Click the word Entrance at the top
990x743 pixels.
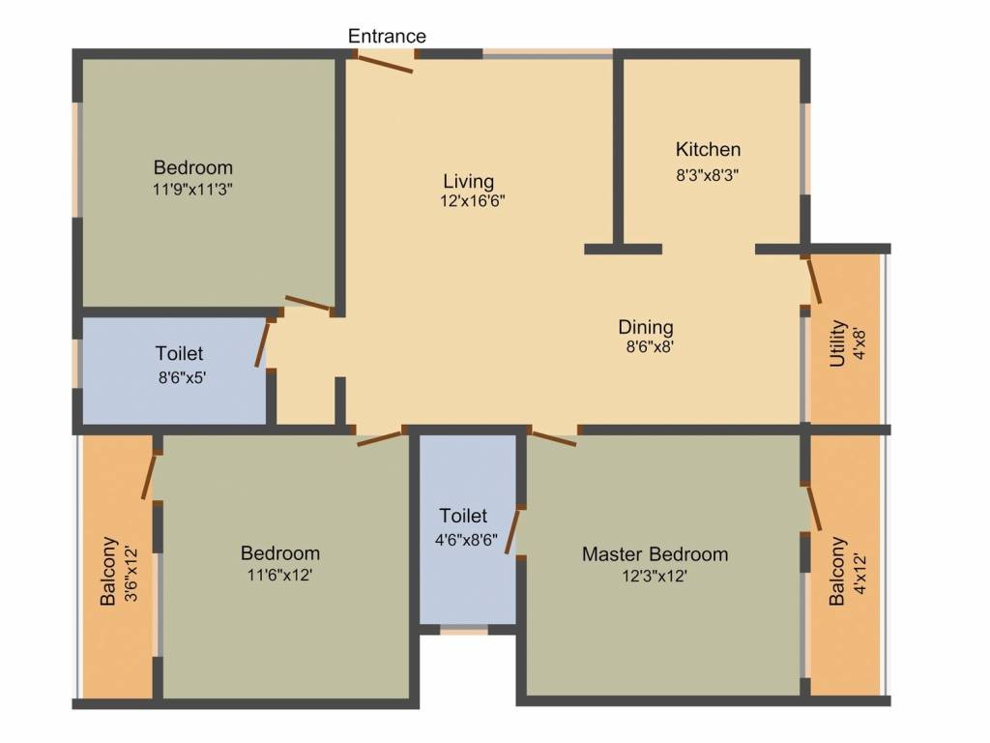click(x=387, y=36)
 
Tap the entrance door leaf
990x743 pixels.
click(x=385, y=63)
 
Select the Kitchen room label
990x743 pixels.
click(x=708, y=149)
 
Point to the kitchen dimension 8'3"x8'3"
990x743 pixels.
click(x=708, y=176)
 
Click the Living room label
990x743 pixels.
click(x=469, y=181)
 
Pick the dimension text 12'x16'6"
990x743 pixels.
click(x=473, y=201)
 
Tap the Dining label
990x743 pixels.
click(x=646, y=327)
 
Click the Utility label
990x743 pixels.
click(x=838, y=343)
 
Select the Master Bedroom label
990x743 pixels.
click(x=655, y=554)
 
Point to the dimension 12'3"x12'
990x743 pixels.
click(x=655, y=576)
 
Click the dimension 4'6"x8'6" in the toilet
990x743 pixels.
click(x=465, y=540)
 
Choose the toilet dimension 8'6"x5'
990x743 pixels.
click(x=179, y=377)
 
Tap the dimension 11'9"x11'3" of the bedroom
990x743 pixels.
click(x=192, y=190)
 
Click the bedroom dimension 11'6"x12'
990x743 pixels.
click(x=279, y=575)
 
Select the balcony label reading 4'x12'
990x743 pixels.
click(x=859, y=571)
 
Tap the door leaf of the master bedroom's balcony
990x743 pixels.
click(x=814, y=507)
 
